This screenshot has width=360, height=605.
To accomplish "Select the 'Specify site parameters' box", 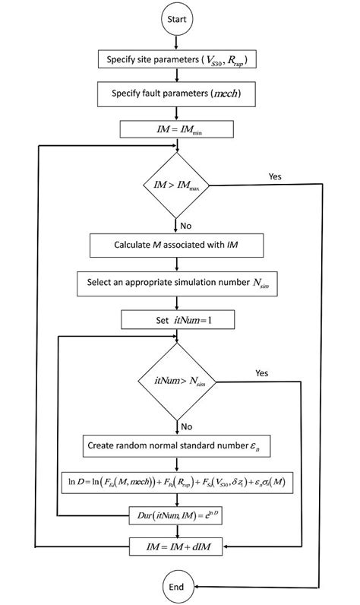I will pos(176,59).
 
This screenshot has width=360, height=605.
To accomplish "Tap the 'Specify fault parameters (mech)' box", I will pos(176,94).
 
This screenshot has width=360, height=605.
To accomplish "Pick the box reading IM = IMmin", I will pos(176,129).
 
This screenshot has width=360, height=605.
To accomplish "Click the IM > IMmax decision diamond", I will pos(176,184).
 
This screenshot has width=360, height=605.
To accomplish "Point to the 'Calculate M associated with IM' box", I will pos(176,245).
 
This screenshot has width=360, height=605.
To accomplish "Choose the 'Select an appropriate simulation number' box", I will pos(176,283).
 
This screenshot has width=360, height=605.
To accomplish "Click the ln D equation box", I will pos(176,483).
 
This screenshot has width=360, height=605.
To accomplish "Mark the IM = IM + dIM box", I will pos(176,546).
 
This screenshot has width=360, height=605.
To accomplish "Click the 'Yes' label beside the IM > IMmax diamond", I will pos(275,176).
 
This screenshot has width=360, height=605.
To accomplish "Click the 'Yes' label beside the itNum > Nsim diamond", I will pos(261,373).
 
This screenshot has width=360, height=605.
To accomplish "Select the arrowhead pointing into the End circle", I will pos(198,587).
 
